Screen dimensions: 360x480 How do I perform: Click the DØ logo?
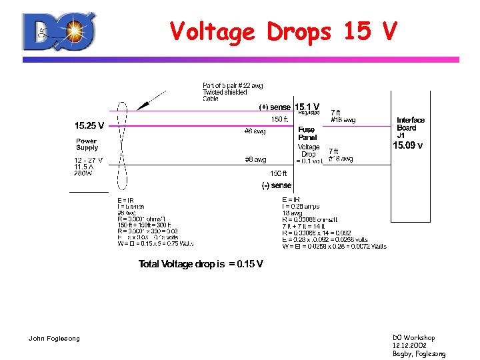[59, 32]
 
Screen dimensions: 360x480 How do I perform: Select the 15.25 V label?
[89, 125]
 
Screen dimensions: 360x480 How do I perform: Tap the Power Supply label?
[87, 144]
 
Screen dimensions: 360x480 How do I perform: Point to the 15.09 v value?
[407, 145]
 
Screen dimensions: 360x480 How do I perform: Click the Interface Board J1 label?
[410, 127]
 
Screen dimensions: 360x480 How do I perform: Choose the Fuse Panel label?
[307, 133]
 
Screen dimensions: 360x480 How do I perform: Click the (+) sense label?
[275, 107]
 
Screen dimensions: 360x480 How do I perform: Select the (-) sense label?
[276, 185]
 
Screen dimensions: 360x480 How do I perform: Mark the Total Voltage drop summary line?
[201, 264]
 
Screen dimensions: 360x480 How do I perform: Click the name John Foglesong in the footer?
[54, 339]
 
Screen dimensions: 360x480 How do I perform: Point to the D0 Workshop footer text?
[413, 338]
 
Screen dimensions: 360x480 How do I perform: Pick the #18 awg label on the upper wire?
[343, 120]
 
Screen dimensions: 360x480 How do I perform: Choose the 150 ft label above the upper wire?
[279, 120]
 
